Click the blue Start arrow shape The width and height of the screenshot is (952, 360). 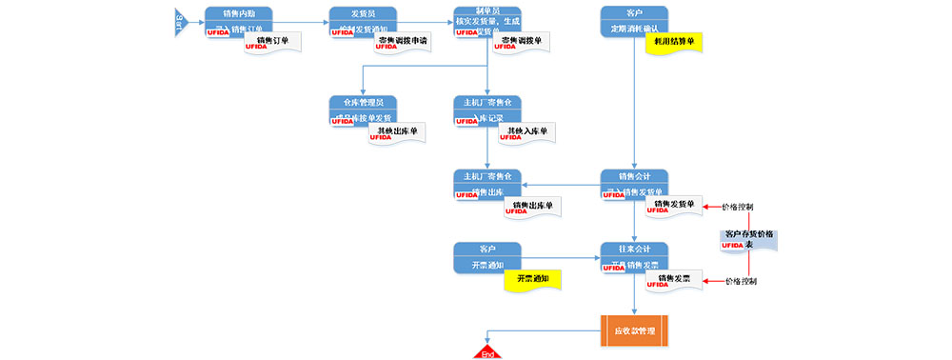(x=178, y=20)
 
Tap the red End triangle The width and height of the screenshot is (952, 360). (x=487, y=352)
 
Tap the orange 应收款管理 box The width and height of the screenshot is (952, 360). (x=634, y=330)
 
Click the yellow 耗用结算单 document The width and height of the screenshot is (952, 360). (x=674, y=44)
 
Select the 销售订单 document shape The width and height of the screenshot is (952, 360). (x=274, y=44)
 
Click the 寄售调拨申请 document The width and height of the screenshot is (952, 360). (x=403, y=43)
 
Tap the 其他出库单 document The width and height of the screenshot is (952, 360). (x=397, y=133)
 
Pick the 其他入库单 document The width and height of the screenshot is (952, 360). (x=527, y=133)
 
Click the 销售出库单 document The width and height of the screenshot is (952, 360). (x=532, y=208)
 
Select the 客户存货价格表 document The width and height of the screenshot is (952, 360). (x=749, y=239)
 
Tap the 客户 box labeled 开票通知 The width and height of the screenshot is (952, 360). (x=486, y=256)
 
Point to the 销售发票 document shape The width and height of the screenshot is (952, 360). (x=674, y=281)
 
